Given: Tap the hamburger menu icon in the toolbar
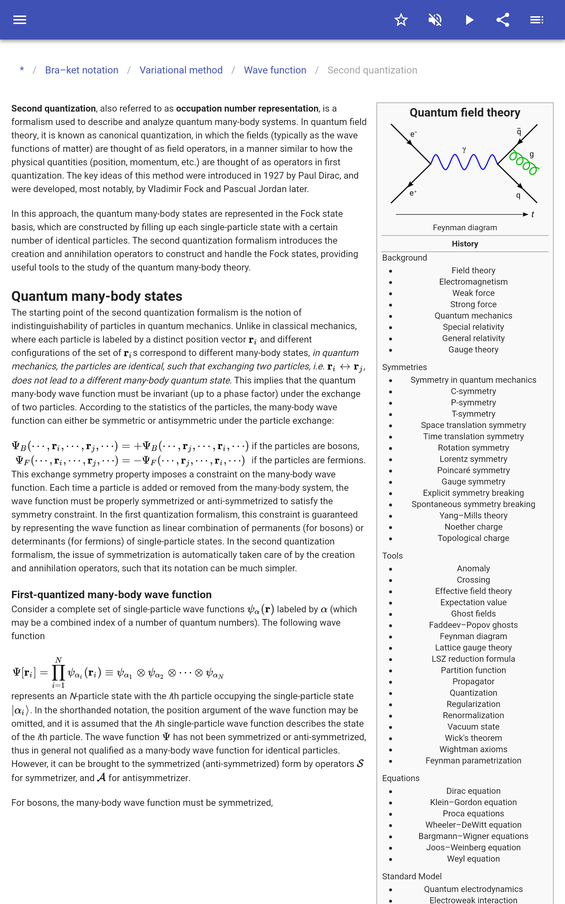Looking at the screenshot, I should coord(20,20).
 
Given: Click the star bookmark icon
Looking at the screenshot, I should coord(401,20).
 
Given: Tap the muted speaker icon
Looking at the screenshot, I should coord(435,20).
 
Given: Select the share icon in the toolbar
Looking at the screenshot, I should coord(503,20).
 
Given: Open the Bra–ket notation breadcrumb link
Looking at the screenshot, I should coord(82,70).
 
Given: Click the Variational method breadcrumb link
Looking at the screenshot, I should coord(181,70).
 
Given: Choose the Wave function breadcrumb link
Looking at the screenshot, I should coord(275,70).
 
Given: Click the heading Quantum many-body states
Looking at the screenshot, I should coord(97,296).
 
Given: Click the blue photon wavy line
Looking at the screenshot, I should coord(464,162).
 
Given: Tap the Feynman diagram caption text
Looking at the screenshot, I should coord(465,227).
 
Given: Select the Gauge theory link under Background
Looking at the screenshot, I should coord(473,350).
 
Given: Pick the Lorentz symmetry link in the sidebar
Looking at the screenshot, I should coord(473,459).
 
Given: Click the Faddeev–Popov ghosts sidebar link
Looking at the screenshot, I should coord(473,625).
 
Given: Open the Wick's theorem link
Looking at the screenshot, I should coord(473,738).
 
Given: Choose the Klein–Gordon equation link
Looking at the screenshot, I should coord(473,802).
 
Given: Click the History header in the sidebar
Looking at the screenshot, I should coord(465,244).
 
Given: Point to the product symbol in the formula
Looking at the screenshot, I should coord(58,673).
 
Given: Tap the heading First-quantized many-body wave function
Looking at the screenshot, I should coord(111,595).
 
